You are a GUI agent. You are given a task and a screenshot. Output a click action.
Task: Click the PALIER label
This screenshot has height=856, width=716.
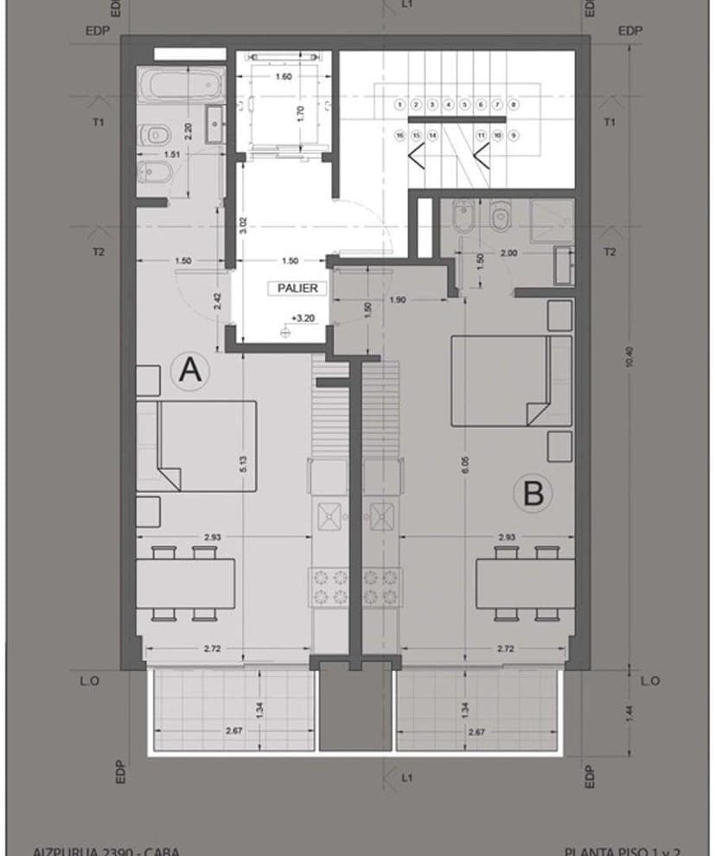pos(297,288)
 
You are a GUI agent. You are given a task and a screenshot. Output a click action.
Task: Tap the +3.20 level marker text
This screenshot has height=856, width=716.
pos(302,318)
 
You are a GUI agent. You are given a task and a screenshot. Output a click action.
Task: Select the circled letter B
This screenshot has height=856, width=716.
pos(534,494)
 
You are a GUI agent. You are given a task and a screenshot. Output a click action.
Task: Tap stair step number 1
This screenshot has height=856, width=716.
pos(399,105)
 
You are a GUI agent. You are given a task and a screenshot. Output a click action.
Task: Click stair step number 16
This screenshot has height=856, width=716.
pos(400,136)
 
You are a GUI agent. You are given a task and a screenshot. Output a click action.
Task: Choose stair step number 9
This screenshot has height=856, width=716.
pos(514,136)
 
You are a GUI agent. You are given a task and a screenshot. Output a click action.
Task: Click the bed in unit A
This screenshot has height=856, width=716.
pos(206,444)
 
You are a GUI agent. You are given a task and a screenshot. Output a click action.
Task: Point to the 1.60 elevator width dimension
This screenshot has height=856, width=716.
pos(282,77)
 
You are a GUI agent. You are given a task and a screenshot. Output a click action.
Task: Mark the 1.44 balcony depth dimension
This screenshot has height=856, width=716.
pos(629,712)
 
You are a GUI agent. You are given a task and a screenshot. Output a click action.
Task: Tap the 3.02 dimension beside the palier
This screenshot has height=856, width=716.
pos(243,227)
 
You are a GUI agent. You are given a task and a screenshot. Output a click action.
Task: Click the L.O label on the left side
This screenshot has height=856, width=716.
pos(89,681)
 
